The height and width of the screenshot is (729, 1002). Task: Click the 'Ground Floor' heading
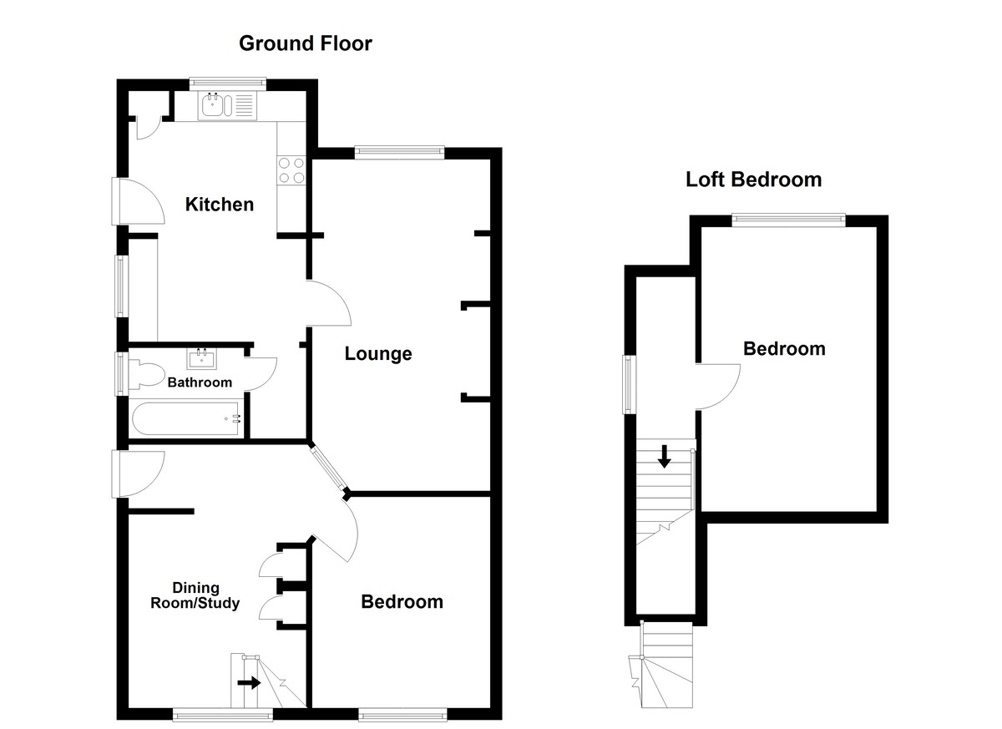[305, 43]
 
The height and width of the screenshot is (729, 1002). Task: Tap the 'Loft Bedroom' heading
[753, 180]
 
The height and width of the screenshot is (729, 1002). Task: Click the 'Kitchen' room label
[219, 205]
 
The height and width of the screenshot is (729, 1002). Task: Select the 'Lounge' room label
[378, 354]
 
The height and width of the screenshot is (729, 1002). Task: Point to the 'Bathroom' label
[200, 382]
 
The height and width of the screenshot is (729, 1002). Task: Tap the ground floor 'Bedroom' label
[402, 602]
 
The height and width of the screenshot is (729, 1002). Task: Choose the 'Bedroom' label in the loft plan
[784, 349]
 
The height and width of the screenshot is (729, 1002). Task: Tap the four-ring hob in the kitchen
[291, 170]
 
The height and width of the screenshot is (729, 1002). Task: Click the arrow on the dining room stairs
[249, 682]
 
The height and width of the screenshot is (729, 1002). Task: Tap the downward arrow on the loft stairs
[664, 456]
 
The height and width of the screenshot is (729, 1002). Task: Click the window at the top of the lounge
[399, 151]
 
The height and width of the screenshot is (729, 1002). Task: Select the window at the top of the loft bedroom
[788, 219]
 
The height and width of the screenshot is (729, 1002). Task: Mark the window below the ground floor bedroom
[402, 715]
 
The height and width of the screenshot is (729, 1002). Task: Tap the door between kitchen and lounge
[328, 302]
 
